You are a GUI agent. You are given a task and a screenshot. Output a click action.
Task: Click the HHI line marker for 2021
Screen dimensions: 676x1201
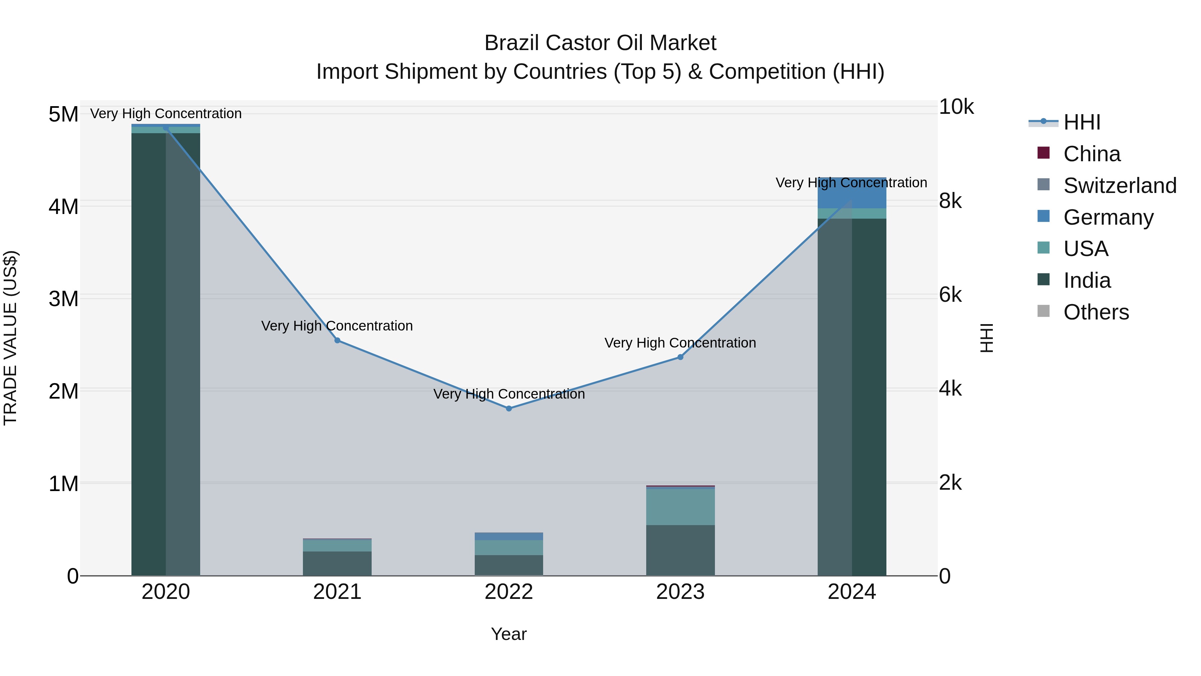point(337,341)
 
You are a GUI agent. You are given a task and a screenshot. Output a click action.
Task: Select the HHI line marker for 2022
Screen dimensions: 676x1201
point(509,408)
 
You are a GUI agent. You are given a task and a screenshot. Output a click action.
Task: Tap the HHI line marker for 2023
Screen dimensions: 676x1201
point(680,357)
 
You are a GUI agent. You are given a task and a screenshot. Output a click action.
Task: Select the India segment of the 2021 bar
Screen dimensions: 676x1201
point(337,564)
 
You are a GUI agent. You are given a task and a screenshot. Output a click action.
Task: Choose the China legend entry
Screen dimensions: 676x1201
point(1092,154)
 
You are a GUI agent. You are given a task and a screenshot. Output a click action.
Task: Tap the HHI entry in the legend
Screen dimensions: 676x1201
point(1082,122)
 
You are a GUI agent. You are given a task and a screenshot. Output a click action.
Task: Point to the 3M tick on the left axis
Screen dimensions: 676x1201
point(63,298)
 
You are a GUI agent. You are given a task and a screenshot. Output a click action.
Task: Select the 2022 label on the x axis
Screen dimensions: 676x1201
point(509,592)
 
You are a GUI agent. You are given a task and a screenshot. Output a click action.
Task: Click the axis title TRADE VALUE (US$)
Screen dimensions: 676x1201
point(10,338)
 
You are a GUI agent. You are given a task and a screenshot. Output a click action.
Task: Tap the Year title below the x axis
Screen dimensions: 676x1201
point(509,634)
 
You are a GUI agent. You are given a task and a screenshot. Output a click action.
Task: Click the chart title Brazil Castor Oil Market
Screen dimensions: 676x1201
point(600,43)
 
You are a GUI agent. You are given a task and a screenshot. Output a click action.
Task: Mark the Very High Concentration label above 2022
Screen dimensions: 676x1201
point(509,394)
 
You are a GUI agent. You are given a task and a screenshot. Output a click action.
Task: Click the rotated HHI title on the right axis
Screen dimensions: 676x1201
point(986,338)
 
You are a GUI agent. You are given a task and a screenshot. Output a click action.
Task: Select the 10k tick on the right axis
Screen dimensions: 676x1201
point(956,107)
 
